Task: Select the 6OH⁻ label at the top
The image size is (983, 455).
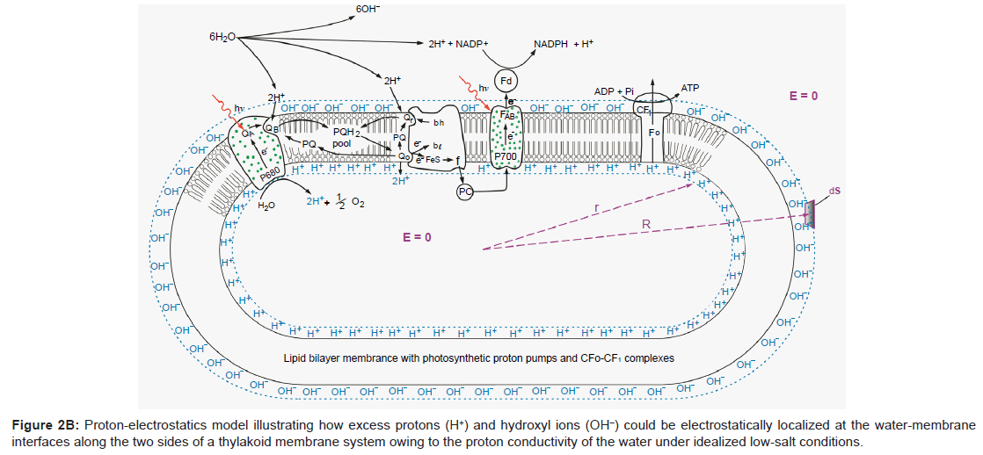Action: (x=368, y=10)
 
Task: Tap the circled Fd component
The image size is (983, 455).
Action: (x=507, y=80)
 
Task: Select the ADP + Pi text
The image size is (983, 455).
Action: (x=614, y=91)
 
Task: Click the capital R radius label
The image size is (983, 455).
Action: (x=645, y=225)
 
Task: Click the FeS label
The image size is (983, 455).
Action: (x=433, y=161)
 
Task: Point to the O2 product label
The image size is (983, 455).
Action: (x=358, y=203)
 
